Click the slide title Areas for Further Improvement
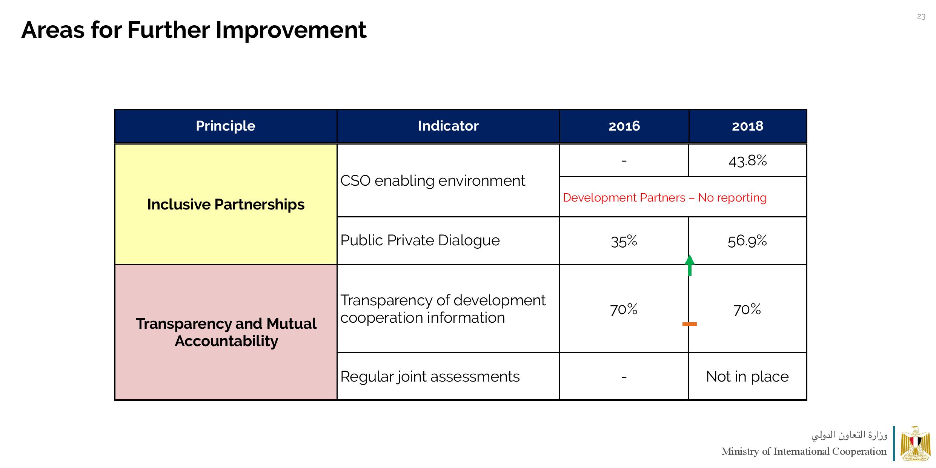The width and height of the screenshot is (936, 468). pos(194,30)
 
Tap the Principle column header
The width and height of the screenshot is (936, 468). pos(225,126)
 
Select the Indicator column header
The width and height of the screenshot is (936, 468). pos(448,126)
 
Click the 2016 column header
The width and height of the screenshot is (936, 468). pos(624,126)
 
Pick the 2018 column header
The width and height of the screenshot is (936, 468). pos(747,126)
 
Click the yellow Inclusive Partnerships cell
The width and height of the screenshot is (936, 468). pos(226,204)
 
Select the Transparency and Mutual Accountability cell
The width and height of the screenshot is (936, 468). pos(226,332)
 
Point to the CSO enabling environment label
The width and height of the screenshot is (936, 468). pos(432,181)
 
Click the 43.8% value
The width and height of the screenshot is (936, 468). pos(747,161)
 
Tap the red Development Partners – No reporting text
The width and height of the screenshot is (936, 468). pos(664,198)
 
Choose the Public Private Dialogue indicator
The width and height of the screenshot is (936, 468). pos(420,240)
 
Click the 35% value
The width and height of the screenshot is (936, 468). pos(624,241)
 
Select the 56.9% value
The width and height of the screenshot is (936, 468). pos(747,241)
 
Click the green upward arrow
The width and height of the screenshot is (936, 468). pos(690,265)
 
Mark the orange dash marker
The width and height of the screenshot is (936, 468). pos(689,324)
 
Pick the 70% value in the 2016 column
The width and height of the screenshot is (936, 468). pos(624,309)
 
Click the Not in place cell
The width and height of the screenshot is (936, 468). pos(747,377)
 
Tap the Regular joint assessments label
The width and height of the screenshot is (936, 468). pos(430,377)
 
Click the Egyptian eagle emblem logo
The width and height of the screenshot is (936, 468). pos(915,443)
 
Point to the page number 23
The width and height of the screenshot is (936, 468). pos(921,17)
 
